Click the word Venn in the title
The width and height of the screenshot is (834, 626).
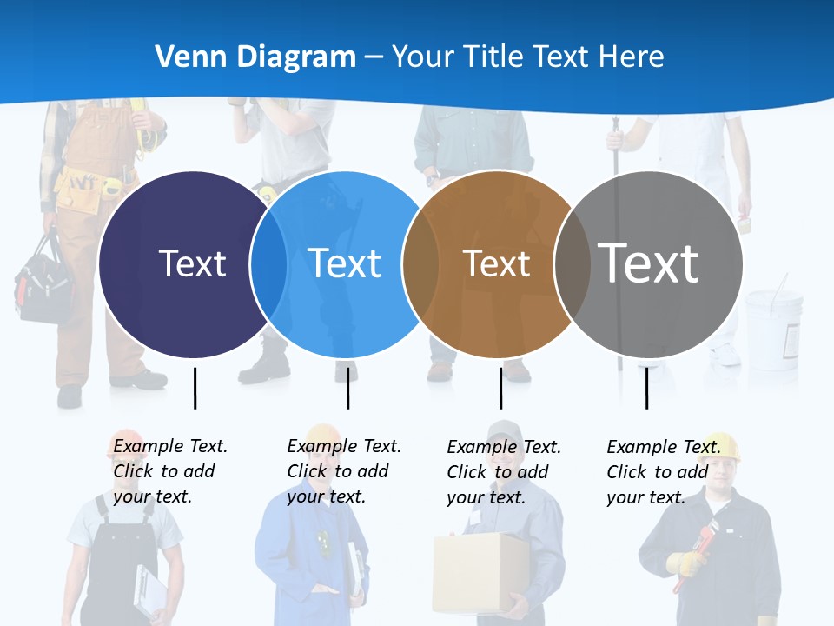tap(185, 57)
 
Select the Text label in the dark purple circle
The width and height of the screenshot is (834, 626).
tap(192, 263)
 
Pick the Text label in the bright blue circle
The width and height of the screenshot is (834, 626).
tap(345, 263)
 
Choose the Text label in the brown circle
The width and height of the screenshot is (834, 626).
tap(496, 263)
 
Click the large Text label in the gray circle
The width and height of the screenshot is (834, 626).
tap(649, 263)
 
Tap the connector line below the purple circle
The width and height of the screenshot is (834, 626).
tap(195, 388)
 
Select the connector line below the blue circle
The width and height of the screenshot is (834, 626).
tap(347, 388)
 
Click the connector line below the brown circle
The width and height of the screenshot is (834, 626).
tap(500, 388)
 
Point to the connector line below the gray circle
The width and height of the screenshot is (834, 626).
tap(646, 388)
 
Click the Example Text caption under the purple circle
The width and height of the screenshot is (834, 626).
tap(169, 471)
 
